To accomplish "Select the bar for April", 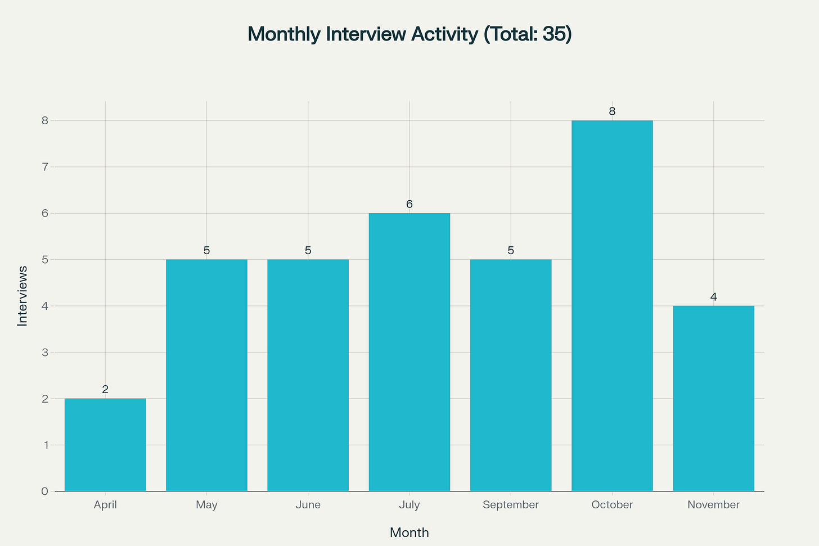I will (105, 445).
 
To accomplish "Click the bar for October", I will (612, 306).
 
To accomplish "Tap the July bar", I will (409, 352).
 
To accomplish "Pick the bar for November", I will (713, 399).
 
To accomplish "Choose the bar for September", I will (511, 375).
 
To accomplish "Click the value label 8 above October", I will (612, 111).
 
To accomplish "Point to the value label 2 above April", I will (105, 389).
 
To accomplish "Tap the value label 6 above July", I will (409, 204).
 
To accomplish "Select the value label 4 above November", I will (713, 297).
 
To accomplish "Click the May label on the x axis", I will (206, 505).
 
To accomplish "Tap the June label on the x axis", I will (308, 505).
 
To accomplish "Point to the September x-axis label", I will (511, 505).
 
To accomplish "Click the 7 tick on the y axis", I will (44, 167).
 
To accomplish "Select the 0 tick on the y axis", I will (44, 491).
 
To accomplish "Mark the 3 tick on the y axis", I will (44, 353).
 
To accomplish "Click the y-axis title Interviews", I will (22, 296).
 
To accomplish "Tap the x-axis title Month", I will (409, 533).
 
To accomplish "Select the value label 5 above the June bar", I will (308, 250).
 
